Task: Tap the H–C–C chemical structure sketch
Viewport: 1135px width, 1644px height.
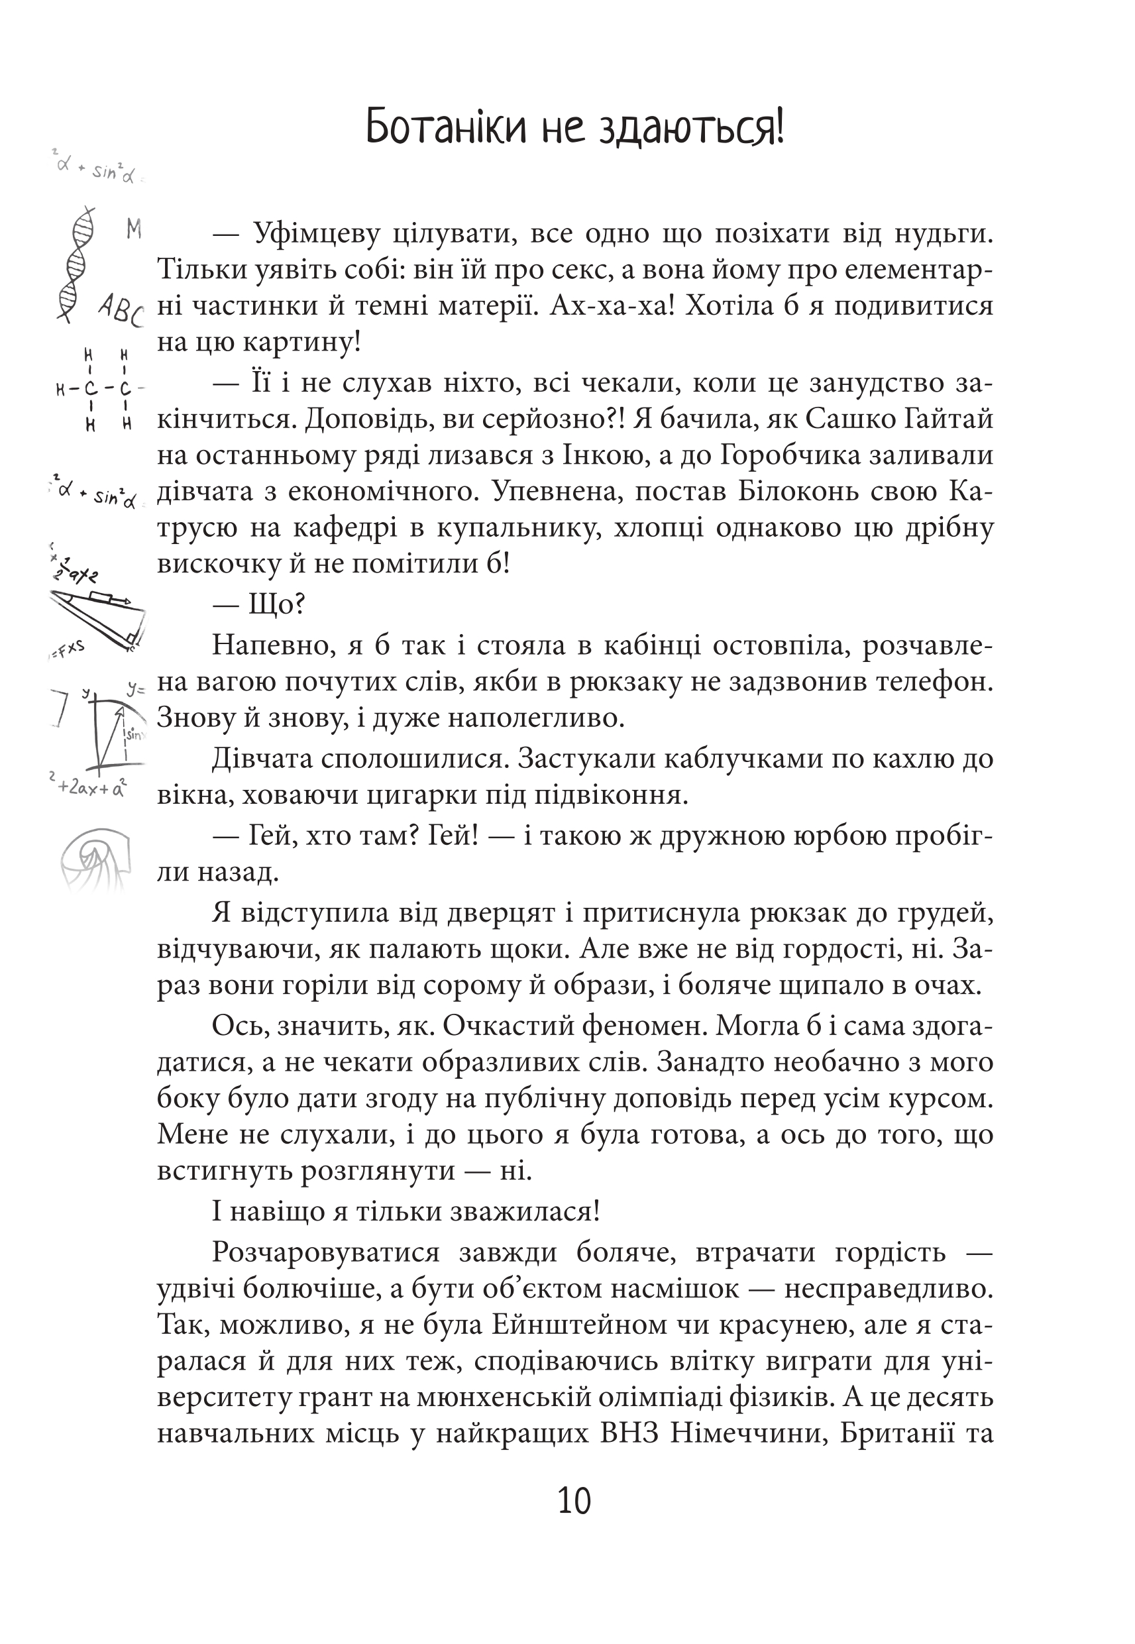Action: (x=99, y=390)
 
